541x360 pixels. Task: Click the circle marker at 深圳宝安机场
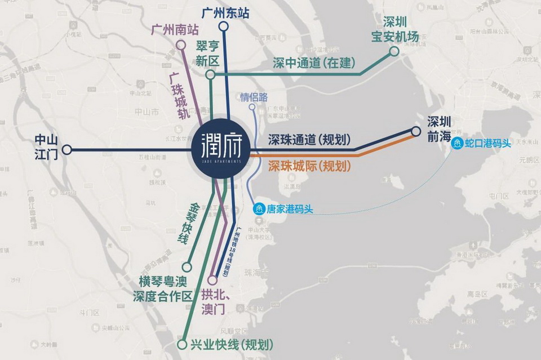(394, 51)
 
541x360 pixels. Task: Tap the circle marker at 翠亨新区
(210, 74)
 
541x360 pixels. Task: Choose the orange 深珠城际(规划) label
(309, 166)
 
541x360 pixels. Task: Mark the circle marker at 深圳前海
(416, 131)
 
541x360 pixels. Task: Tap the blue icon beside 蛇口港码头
(458, 143)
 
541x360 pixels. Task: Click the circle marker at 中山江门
(67, 150)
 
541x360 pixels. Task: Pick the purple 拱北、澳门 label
(213, 301)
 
